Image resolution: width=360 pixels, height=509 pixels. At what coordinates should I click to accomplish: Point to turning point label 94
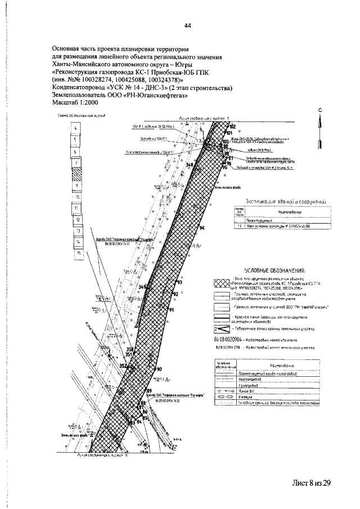click(x=201, y=227)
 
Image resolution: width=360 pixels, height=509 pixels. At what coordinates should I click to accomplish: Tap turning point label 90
click(x=159, y=369)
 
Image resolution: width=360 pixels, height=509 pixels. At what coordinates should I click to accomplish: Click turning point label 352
click(x=123, y=366)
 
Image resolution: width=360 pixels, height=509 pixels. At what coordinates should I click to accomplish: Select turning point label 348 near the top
click(x=189, y=165)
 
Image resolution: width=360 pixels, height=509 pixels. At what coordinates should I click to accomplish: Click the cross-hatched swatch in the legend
click(x=222, y=283)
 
